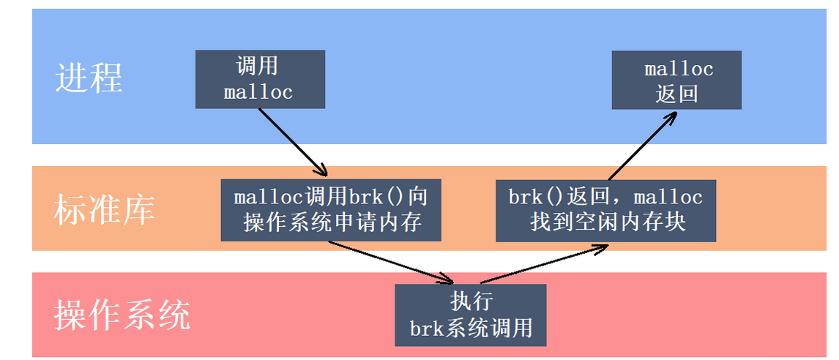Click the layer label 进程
(89, 78)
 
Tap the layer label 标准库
(105, 209)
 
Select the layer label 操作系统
(122, 315)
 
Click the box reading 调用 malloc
(260, 79)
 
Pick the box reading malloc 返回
(676, 80)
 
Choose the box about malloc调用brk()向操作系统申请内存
(331, 209)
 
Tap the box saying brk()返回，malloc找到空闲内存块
(605, 209)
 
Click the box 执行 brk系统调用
(471, 315)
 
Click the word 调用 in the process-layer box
(258, 67)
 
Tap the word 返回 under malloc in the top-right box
(677, 93)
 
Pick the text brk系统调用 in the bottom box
(471, 328)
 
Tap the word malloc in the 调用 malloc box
(258, 92)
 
